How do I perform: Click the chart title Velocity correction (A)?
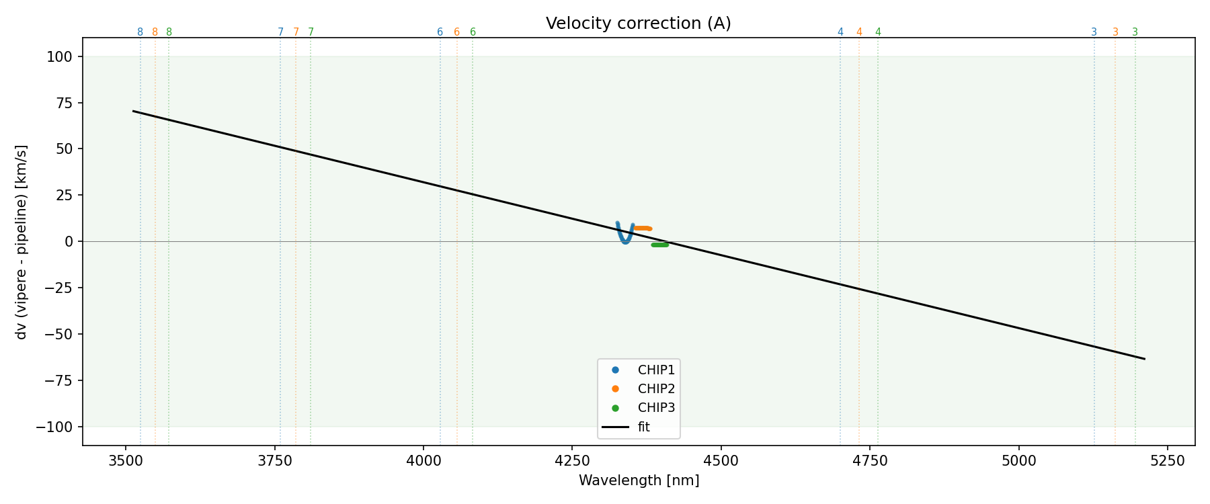click(x=638, y=24)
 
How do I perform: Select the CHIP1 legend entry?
click(x=655, y=370)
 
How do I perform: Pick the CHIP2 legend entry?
click(x=655, y=388)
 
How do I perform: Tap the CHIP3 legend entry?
click(x=655, y=408)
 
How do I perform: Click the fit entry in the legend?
click(x=643, y=427)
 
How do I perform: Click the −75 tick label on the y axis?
click(x=59, y=380)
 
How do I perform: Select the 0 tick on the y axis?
click(x=69, y=241)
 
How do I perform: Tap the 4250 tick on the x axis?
click(x=571, y=460)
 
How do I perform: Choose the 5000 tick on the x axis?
click(x=1018, y=460)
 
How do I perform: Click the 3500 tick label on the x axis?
click(x=126, y=460)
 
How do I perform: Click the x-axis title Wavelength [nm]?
click(x=639, y=480)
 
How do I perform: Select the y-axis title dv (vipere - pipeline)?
click(x=22, y=241)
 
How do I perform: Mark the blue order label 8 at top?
click(x=140, y=32)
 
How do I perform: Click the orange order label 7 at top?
click(x=296, y=32)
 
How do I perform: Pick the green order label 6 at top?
click(x=473, y=32)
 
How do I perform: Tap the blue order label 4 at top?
click(x=840, y=32)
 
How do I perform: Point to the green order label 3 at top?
click(x=1135, y=32)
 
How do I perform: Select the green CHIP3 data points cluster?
click(x=660, y=245)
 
